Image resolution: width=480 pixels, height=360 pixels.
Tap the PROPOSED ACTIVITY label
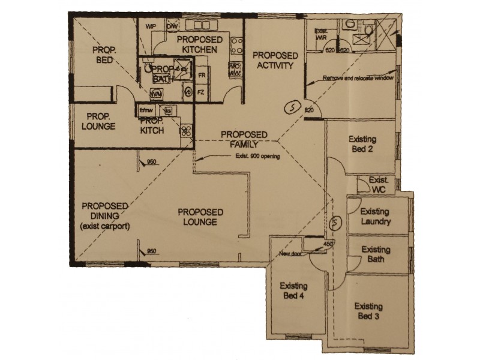pyautogui.click(x=274, y=61)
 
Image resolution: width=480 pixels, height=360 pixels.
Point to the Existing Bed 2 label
pyautogui.click(x=361, y=144)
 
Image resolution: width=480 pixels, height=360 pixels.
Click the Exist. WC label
pyautogui.click(x=379, y=185)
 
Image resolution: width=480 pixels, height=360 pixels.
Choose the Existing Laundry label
pyautogui.click(x=376, y=217)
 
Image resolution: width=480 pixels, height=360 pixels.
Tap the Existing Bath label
pyautogui.click(x=376, y=254)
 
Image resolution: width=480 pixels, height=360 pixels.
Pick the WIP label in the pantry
pyautogui.click(x=151, y=27)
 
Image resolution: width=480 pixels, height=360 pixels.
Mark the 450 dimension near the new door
pyautogui.click(x=328, y=244)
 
